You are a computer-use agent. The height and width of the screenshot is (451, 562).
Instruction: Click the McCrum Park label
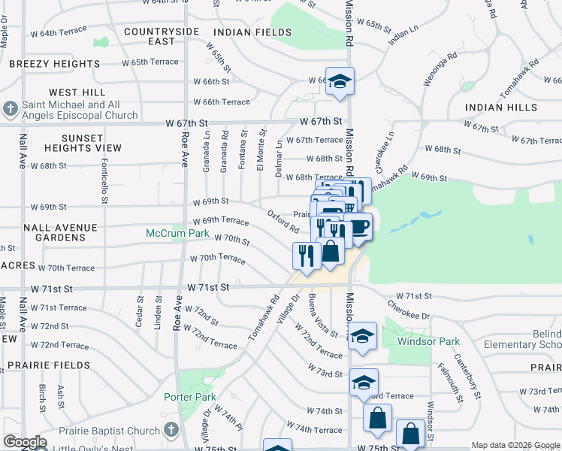177,234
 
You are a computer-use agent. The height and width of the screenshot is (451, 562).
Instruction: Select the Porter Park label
190,397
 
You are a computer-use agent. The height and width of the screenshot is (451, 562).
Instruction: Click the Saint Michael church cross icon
10,110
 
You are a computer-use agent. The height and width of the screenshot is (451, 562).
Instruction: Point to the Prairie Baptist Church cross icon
171,431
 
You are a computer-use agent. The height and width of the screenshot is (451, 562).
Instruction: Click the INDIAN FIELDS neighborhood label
252,32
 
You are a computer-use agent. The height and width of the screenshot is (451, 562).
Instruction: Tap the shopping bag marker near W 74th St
377,417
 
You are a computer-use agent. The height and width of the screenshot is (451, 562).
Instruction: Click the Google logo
24,442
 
